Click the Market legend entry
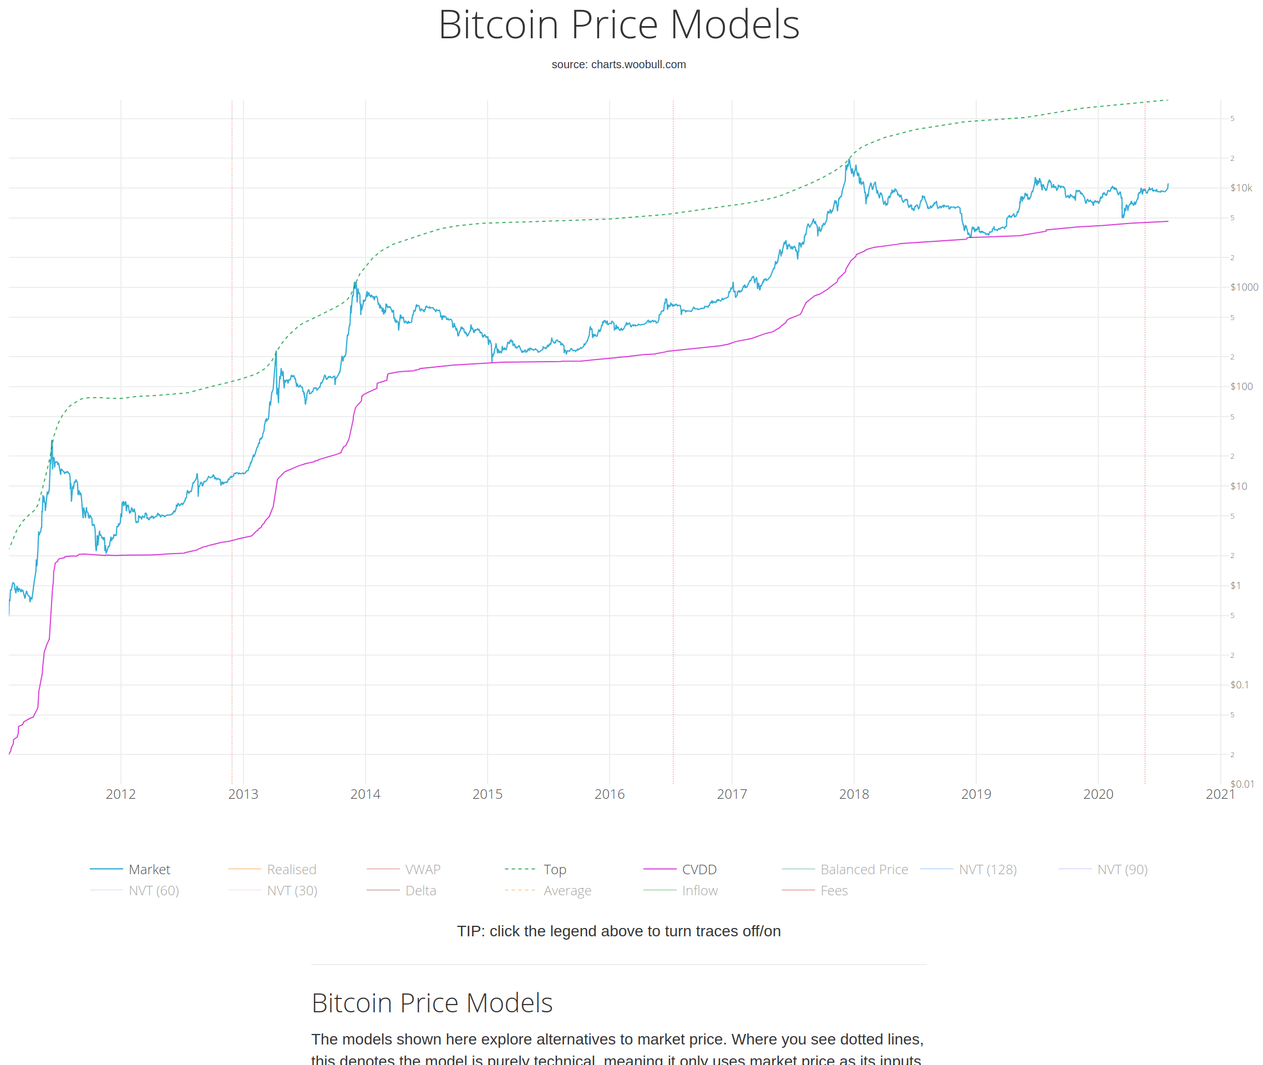tap(149, 869)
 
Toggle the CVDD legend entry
tap(698, 869)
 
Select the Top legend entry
tap(554, 869)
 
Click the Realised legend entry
tap(291, 869)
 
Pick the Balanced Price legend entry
tap(863, 869)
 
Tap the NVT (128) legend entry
tap(987, 869)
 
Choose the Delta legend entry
tap(420, 890)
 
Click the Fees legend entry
tap(834, 890)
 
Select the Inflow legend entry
tap(699, 890)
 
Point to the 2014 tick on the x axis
tap(366, 794)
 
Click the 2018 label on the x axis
tap(854, 794)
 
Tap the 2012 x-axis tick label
tap(121, 794)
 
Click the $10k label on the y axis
tap(1241, 188)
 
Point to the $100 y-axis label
tap(1241, 387)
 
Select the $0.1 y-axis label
tap(1239, 684)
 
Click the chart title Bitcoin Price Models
tap(618, 26)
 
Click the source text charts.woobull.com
tap(618, 64)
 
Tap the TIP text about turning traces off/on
tap(618, 931)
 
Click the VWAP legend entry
tap(423, 869)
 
